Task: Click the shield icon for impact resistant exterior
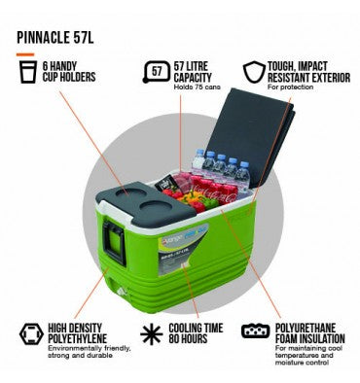pos(254,71)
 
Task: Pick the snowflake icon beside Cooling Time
pos(153,333)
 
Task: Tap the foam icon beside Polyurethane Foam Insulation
pos(255,331)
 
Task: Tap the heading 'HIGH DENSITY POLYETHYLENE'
pos(83,332)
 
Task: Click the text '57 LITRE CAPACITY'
pos(198,70)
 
